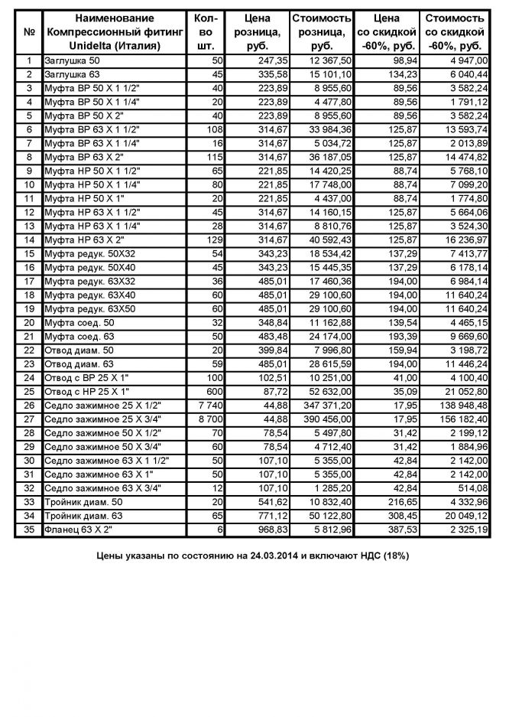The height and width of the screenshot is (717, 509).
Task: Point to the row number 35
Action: pos(29,528)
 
